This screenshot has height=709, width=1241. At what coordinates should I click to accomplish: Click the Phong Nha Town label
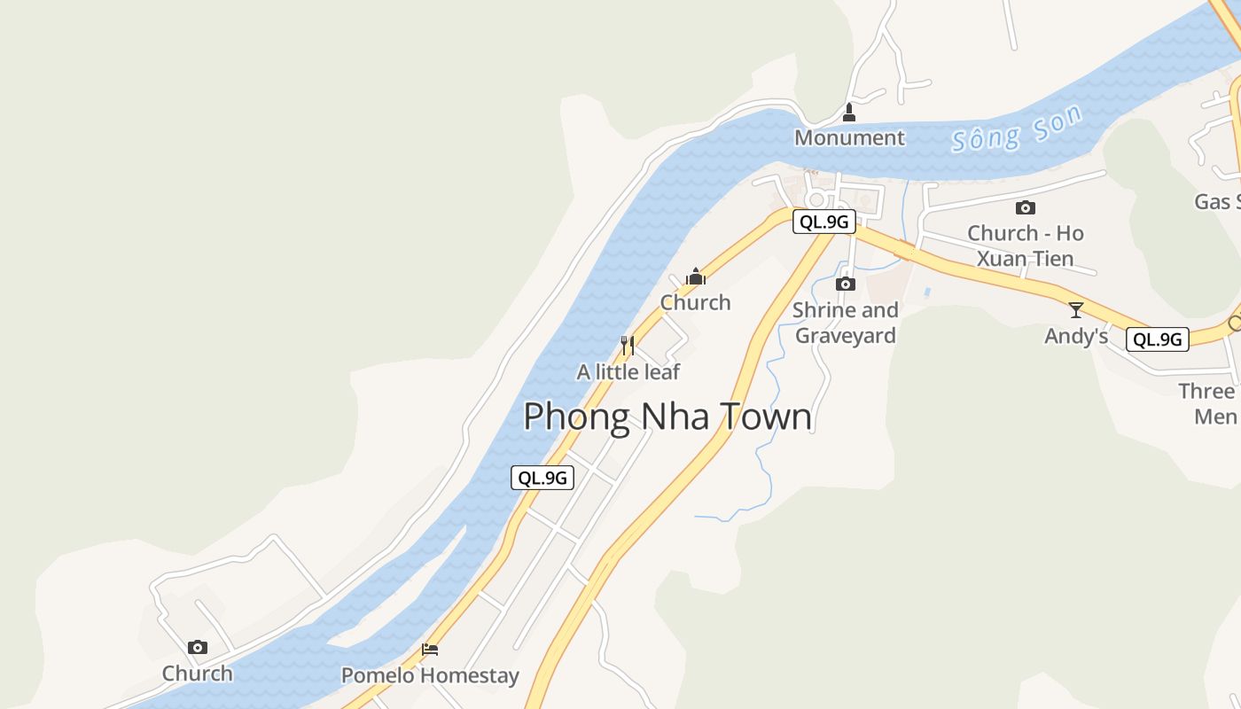[667, 417]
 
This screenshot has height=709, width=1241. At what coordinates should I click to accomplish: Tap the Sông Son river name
[1017, 129]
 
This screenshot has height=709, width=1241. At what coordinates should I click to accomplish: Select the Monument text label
[849, 138]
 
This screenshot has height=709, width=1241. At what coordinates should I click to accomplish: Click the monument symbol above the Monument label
[849, 113]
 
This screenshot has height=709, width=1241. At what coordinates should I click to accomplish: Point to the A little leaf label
[628, 372]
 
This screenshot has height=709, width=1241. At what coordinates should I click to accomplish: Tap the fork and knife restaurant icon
[628, 345]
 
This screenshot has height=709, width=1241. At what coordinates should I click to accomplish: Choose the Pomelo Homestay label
[430, 675]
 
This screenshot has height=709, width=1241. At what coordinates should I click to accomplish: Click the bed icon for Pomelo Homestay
[430, 650]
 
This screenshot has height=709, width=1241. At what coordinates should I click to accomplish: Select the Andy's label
[1076, 337]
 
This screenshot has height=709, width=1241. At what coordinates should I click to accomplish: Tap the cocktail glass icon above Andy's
[1076, 310]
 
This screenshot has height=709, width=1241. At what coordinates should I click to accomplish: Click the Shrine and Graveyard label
[845, 323]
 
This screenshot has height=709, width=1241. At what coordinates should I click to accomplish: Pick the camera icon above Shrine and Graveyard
[846, 284]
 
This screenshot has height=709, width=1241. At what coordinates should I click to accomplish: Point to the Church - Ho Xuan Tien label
[1026, 245]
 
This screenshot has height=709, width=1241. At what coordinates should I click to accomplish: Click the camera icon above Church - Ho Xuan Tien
[1026, 208]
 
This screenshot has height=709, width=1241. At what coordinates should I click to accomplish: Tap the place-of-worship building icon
[696, 277]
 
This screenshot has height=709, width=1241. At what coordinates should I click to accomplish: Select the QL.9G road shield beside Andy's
[1157, 339]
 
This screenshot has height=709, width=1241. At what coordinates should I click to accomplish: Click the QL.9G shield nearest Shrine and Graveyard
[823, 222]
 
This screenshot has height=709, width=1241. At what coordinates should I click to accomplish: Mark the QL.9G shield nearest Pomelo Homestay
[542, 478]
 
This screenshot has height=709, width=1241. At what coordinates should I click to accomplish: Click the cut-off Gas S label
[1217, 202]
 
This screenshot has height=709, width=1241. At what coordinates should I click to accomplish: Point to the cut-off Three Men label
[1210, 403]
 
